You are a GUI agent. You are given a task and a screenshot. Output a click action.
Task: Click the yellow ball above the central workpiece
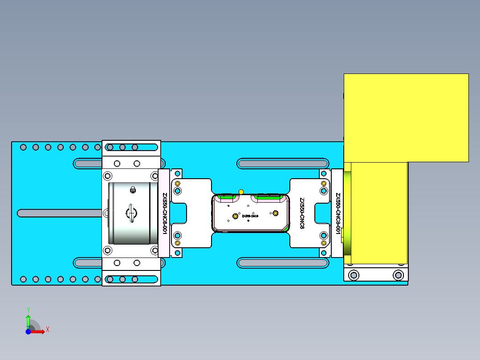click(x=241, y=192)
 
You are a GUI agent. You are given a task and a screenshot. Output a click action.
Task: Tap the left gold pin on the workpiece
click(x=236, y=216)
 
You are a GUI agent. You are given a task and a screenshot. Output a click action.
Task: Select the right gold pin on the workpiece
click(x=275, y=213)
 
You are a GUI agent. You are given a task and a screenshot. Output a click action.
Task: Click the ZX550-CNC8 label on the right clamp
click(x=302, y=213)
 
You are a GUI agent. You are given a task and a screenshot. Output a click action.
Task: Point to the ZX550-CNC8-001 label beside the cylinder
click(x=164, y=214)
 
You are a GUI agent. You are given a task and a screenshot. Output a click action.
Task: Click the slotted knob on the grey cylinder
click(x=131, y=213)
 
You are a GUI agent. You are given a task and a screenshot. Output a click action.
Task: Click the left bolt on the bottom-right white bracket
click(x=354, y=275)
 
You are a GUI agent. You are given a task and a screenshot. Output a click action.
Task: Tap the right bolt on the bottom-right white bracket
click(x=398, y=275)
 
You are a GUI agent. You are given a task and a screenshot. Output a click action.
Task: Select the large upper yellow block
click(x=406, y=117)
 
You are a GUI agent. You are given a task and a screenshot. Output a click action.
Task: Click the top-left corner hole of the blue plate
click(x=24, y=147)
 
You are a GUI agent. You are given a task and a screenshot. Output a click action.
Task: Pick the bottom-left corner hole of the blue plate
click(x=24, y=279)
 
